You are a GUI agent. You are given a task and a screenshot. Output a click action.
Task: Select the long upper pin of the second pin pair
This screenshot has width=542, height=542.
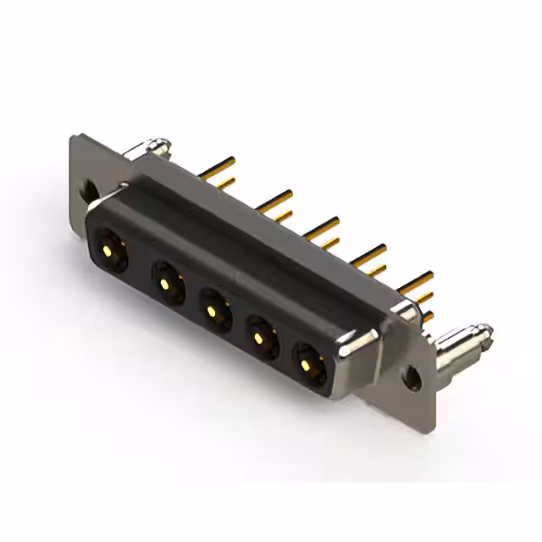tap(275, 200)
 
